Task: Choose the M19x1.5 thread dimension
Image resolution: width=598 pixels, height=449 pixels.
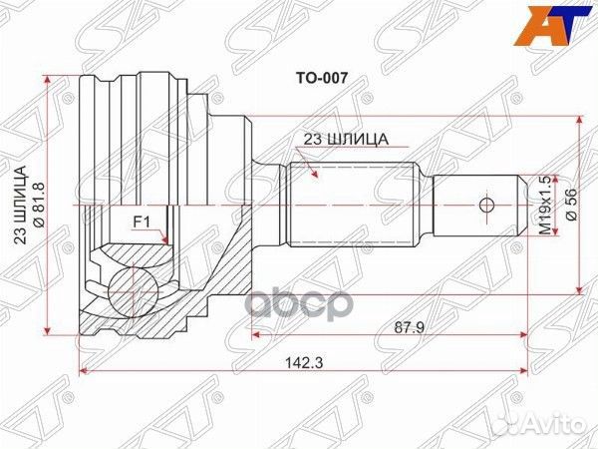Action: point(544,204)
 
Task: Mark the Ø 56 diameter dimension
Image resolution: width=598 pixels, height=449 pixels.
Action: point(571,204)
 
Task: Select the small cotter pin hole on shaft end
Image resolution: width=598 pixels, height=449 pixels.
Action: point(485,206)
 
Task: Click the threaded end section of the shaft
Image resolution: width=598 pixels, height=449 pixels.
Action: point(473,206)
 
